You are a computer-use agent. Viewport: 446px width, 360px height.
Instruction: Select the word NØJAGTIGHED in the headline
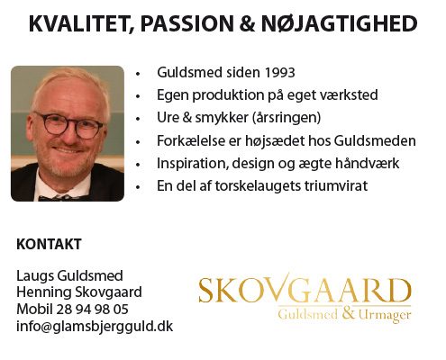[x=340, y=23]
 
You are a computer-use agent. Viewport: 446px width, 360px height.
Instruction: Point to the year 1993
[x=280, y=73]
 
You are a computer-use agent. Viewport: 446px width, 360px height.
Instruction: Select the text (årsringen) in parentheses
[x=287, y=118]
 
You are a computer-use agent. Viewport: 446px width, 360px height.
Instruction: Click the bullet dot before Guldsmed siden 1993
[x=138, y=74]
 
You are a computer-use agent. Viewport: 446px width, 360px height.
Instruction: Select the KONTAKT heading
[x=49, y=244]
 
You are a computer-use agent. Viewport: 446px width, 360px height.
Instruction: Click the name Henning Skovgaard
[x=79, y=292]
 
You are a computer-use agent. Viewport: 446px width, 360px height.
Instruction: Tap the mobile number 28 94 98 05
[x=92, y=309]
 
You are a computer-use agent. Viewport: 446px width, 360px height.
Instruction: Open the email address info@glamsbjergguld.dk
[x=95, y=327]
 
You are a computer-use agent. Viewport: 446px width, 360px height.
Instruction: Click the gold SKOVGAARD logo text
[x=305, y=290]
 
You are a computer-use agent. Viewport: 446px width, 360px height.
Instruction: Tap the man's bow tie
[x=61, y=198]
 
